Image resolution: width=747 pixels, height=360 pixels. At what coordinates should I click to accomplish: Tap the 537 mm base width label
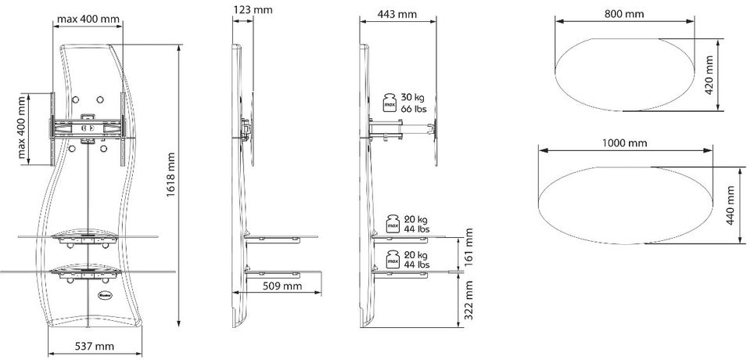pos(94,346)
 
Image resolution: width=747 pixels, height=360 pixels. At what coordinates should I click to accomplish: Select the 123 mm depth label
pos(253,9)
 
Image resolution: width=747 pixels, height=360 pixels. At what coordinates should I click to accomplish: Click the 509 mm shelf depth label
pos(282,286)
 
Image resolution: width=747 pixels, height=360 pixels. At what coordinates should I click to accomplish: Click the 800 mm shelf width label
pos(624,14)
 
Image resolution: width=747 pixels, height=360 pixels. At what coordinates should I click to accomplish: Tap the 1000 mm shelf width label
pos(624,143)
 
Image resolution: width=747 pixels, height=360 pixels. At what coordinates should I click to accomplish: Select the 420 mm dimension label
pos(709,75)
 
